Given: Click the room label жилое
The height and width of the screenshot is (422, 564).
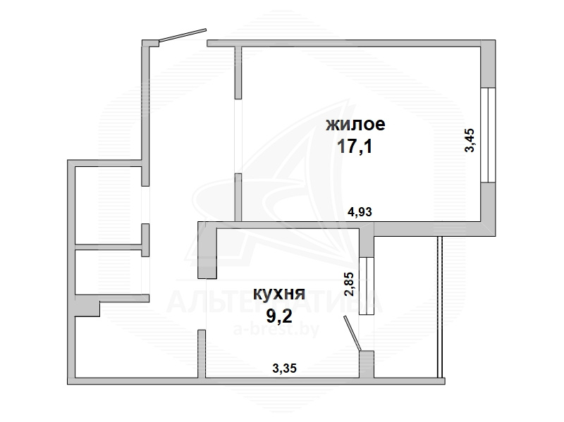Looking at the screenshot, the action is point(355,125).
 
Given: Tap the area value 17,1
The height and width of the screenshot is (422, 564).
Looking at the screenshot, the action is point(355,147).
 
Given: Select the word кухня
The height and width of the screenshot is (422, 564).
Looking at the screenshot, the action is point(279,294).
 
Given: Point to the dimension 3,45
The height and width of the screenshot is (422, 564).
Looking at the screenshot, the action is point(470,140).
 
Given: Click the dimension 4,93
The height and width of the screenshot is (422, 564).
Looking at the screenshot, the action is point(360,212).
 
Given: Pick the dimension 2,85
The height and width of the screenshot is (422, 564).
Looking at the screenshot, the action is point(349,284).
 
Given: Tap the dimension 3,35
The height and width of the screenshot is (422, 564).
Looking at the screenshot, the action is point(285,368).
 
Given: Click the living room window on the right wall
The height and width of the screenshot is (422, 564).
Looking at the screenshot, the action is point(488,135).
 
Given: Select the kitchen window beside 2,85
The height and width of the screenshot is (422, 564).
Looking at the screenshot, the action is point(367,286).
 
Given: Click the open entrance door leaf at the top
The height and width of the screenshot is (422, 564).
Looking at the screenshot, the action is point(183,35).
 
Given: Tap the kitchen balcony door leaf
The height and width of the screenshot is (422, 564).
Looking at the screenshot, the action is point(352,333).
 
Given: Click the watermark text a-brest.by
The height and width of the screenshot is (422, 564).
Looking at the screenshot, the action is point(276,330).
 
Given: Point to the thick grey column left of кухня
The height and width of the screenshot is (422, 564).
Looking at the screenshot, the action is point(207,250).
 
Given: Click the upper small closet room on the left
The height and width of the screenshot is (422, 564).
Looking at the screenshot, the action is point(108,205).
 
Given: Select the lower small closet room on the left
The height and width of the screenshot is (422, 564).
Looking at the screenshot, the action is point(108,272).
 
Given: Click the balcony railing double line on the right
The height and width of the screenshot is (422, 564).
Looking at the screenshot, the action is point(439,307).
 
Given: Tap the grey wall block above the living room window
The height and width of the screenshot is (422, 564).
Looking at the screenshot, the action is point(488,64).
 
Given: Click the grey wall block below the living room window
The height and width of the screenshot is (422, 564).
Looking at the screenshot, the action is point(488,209).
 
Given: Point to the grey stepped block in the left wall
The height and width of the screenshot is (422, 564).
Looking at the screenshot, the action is point(87,306).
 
